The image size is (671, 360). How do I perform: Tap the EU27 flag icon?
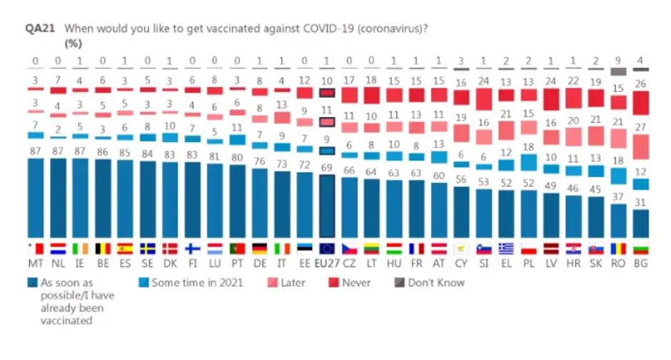click(x=326, y=249)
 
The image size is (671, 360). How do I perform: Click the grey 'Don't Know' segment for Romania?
click(x=618, y=71)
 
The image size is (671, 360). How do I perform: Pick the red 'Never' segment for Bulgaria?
click(x=640, y=102)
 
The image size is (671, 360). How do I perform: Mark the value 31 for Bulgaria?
click(x=640, y=201)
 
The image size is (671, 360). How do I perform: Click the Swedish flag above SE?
click(x=148, y=249)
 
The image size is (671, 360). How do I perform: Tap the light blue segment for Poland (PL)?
click(x=528, y=162)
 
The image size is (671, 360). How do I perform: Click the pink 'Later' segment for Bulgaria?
click(x=640, y=147)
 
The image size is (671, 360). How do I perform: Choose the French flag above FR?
click(x=416, y=249)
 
